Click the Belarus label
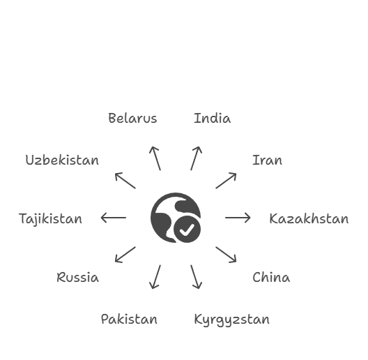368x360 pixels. pyautogui.click(x=132, y=118)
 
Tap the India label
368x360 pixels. pyautogui.click(x=213, y=118)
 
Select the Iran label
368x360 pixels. pyautogui.click(x=267, y=160)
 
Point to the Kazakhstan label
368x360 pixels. pyautogui.click(x=309, y=219)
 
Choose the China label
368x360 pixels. pyautogui.click(x=271, y=277)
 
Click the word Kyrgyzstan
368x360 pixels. pyautogui.click(x=232, y=320)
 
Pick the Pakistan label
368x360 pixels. pyautogui.click(x=129, y=320)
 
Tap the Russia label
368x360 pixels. pyautogui.click(x=77, y=277)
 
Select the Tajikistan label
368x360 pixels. pyautogui.click(x=50, y=219)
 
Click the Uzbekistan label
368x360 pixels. pyautogui.click(x=62, y=160)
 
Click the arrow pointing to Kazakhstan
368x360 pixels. pyautogui.click(x=238, y=218)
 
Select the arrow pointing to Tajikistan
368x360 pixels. pyautogui.click(x=114, y=218)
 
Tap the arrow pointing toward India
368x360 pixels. pyautogui.click(x=197, y=158)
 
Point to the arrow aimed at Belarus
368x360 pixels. pyautogui.click(x=155, y=158)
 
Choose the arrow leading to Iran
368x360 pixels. pyautogui.click(x=226, y=181)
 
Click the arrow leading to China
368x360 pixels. pyautogui.click(x=226, y=255)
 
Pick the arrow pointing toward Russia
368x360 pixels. pyautogui.click(x=125, y=255)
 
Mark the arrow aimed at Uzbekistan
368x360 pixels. pyautogui.click(x=125, y=181)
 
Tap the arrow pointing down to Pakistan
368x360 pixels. pyautogui.click(x=155, y=277)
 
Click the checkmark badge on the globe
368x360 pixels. pyautogui.click(x=187, y=230)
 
